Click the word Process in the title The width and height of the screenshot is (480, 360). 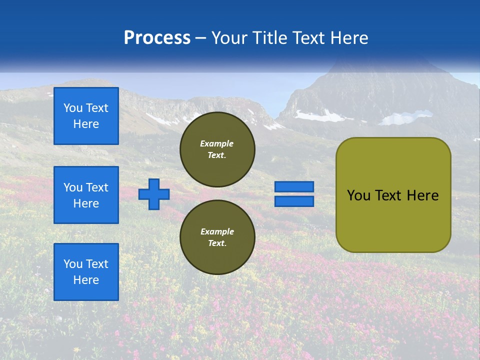(x=157, y=38)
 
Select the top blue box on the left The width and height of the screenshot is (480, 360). (x=86, y=116)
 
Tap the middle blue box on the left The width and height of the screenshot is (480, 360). (x=86, y=195)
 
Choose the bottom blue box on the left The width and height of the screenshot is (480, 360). (x=86, y=272)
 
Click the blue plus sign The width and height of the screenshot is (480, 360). (x=154, y=194)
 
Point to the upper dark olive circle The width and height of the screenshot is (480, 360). (x=217, y=149)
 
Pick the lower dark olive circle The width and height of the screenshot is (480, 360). (x=217, y=237)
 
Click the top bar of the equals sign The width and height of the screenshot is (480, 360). (x=294, y=186)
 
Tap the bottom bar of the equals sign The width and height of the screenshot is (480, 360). (x=294, y=201)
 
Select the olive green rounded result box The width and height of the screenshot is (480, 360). (x=393, y=194)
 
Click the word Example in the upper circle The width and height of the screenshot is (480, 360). (x=217, y=143)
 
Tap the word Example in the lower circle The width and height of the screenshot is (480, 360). (x=217, y=231)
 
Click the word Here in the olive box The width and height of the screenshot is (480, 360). (x=422, y=195)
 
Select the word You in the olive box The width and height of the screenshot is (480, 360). (x=358, y=195)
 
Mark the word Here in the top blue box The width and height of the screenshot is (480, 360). (x=86, y=124)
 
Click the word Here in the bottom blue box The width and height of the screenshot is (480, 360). (x=86, y=280)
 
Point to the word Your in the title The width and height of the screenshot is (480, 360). (x=229, y=38)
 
